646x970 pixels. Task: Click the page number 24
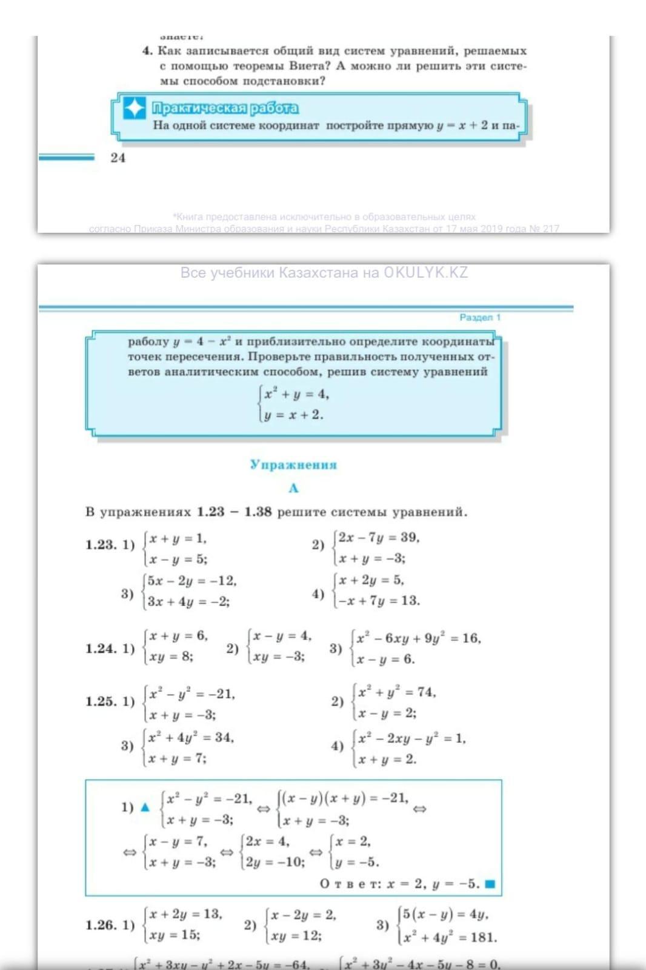pos(118,158)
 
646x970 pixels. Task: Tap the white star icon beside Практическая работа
pos(135,109)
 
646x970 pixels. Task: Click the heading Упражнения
pos(293,465)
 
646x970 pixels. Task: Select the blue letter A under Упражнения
pos(294,488)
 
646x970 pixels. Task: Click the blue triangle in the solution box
pos(145,807)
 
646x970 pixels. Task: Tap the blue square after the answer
pos(490,884)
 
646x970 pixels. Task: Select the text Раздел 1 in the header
pos(480,317)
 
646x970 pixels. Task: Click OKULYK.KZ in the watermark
pos(425,273)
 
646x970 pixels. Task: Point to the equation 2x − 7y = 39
pos(379,537)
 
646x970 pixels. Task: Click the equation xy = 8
pos(171,657)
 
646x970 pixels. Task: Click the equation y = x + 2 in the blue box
pos(294,415)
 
